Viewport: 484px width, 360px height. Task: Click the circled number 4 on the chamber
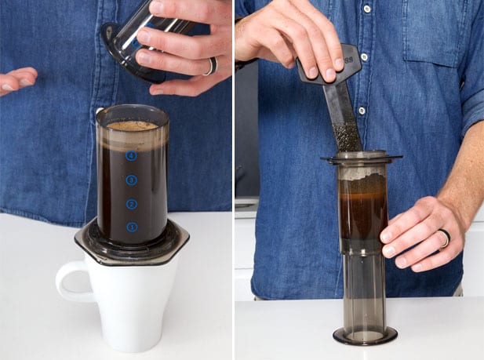[x=131, y=156]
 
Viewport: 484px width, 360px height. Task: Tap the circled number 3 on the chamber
[x=131, y=180]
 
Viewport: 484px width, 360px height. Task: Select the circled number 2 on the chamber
[x=131, y=204]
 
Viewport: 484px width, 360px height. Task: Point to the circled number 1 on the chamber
[x=131, y=227]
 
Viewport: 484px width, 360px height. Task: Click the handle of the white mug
[x=68, y=282]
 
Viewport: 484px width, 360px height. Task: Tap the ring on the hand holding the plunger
[x=209, y=67]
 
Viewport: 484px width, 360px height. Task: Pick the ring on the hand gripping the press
[x=443, y=238]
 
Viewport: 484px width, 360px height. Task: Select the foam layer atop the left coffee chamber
[x=132, y=125]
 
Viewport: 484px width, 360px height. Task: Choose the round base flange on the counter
[x=365, y=336]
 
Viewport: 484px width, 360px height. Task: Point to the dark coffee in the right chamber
[x=362, y=208]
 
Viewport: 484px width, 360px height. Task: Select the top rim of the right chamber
[x=362, y=158]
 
